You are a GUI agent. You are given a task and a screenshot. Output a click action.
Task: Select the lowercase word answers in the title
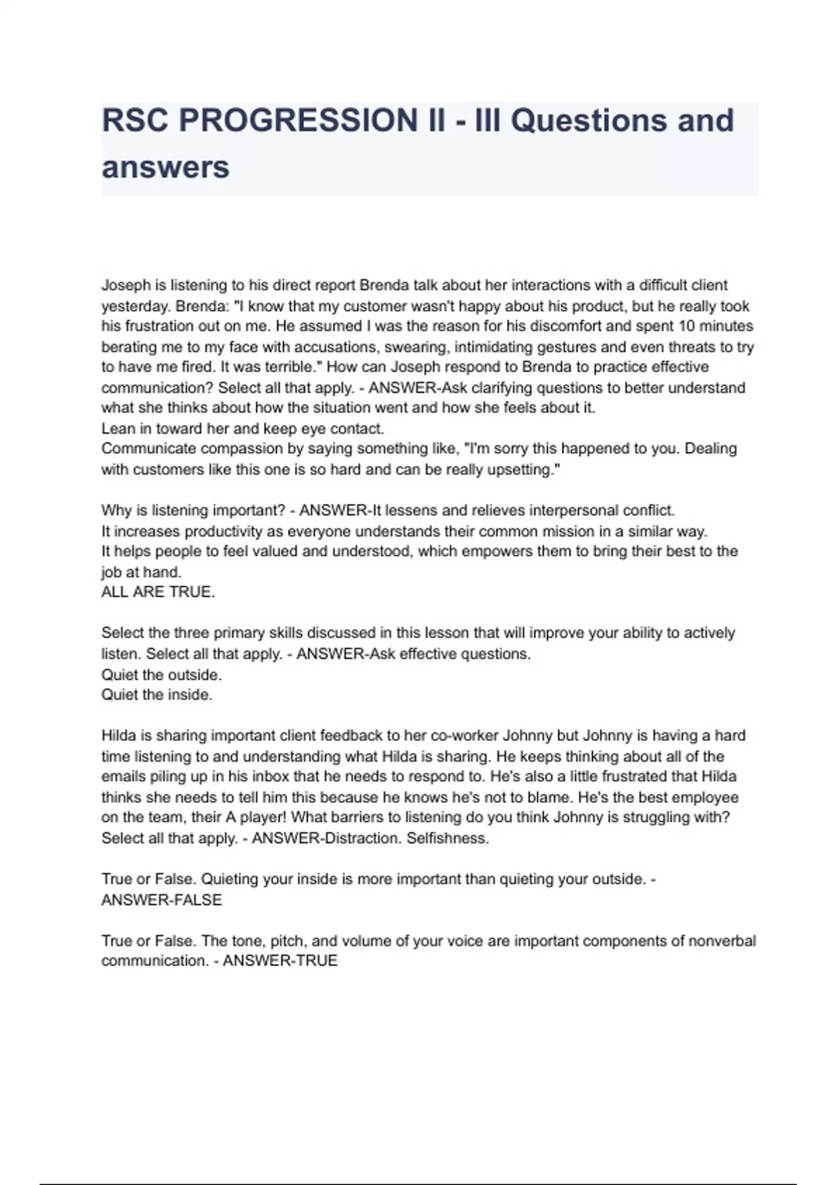(x=165, y=168)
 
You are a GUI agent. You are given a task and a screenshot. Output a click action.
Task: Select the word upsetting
(x=518, y=470)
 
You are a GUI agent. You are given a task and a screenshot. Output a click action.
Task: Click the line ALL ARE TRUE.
(x=158, y=592)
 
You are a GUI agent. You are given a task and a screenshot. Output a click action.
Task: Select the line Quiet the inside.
(x=156, y=695)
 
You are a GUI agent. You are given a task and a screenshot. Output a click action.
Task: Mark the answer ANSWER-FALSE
(x=161, y=900)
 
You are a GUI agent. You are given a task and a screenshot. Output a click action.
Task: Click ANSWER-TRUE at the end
(x=280, y=961)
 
